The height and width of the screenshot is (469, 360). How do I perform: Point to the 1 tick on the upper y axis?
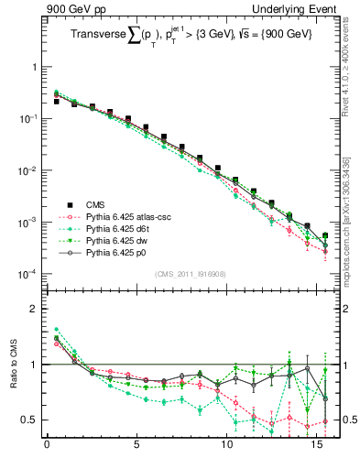(x=34, y=68)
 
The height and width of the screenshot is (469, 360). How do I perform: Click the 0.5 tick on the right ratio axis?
(x=345, y=420)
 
